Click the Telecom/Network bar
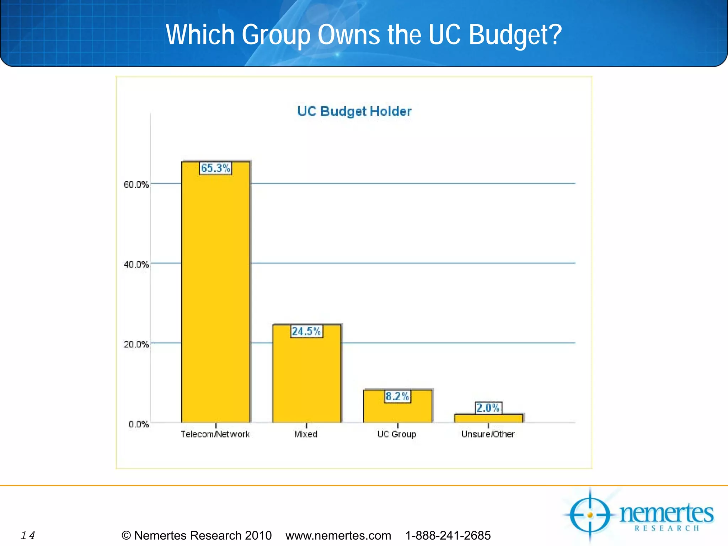click(x=216, y=295)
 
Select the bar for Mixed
click(x=307, y=377)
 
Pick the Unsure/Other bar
click(x=488, y=418)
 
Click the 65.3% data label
click(x=215, y=168)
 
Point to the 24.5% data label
click(x=306, y=331)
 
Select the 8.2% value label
click(x=397, y=396)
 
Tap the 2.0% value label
click(x=488, y=408)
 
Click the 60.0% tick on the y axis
click(x=136, y=184)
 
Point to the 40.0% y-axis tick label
click(x=136, y=264)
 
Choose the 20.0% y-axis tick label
click(x=136, y=344)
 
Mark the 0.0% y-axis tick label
click(x=139, y=424)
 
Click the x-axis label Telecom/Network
click(x=215, y=434)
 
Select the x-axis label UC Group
click(x=397, y=434)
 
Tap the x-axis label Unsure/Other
click(x=488, y=434)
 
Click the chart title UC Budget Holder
click(x=354, y=111)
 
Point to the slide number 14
click(x=28, y=535)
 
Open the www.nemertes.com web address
click(x=338, y=535)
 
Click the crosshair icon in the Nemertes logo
click(x=590, y=514)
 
